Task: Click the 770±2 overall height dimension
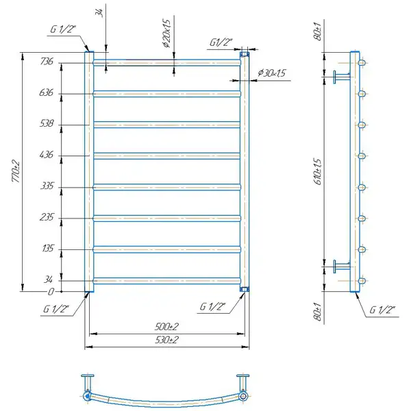(16, 171)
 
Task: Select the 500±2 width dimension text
(166, 327)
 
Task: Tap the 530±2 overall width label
(166, 340)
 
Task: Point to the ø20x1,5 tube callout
(166, 34)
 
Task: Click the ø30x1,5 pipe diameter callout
(271, 73)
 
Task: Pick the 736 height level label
(47, 62)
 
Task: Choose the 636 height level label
(46, 92)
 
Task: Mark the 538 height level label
(47, 123)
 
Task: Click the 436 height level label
(47, 154)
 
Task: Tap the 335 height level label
(47, 186)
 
